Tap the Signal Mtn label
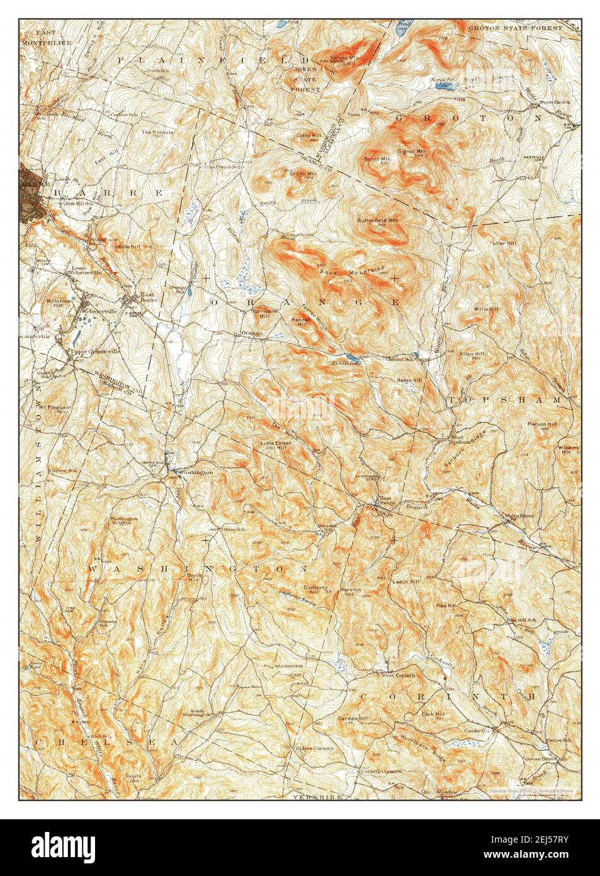[x=412, y=151]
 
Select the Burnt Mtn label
[x=377, y=159]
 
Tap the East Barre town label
[x=149, y=298]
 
